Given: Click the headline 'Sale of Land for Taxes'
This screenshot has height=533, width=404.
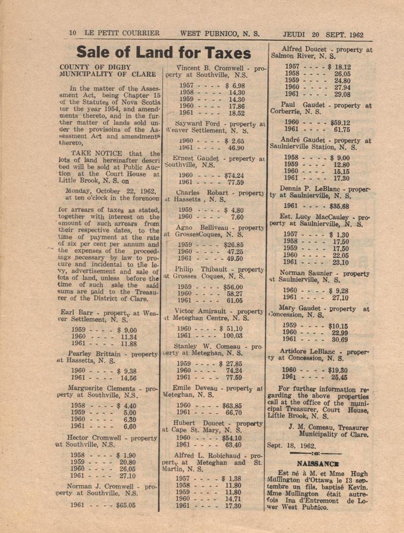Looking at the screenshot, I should (164, 52).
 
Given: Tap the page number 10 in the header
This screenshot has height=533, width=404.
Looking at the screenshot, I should (73, 34).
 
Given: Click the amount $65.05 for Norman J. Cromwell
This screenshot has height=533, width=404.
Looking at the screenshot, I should (126, 506).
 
